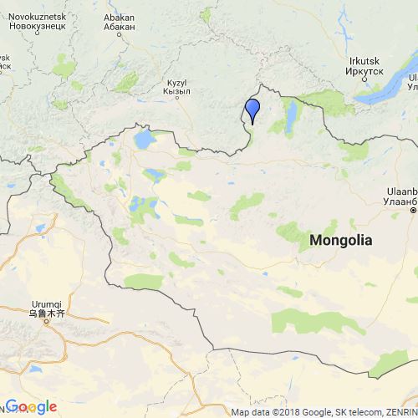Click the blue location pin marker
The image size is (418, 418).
(x=252, y=110)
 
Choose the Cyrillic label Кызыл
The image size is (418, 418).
(x=176, y=92)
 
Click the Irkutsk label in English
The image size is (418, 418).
(x=365, y=60)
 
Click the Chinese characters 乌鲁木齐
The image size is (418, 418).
(x=35, y=313)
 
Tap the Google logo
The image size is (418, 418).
(x=31, y=406)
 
